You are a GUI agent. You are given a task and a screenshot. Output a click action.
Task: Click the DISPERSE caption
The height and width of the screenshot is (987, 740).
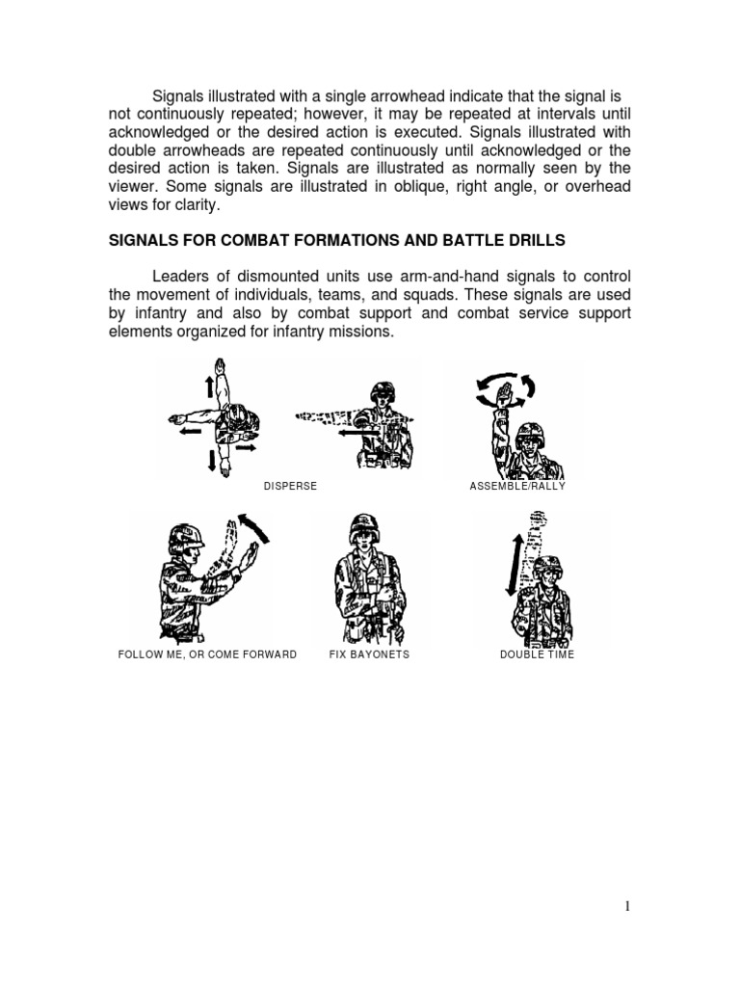(x=290, y=486)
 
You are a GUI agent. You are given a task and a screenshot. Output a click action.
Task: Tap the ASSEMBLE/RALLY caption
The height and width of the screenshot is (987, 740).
(x=517, y=486)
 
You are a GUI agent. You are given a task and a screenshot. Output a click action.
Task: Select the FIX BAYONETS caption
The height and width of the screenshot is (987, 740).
(x=369, y=654)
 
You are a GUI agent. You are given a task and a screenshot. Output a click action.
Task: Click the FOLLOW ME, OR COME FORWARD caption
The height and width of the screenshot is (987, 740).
(x=207, y=654)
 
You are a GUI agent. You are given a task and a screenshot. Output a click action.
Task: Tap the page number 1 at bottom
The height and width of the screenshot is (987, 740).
(x=626, y=906)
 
